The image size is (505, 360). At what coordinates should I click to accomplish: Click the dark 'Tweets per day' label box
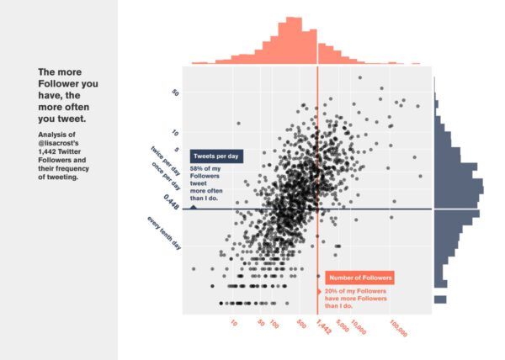[217, 157]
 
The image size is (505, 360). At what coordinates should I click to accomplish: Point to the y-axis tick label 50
[175, 93]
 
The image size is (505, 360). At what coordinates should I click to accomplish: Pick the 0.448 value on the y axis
[172, 200]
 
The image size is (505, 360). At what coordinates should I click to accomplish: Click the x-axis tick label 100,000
[398, 328]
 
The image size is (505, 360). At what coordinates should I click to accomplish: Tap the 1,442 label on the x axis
[322, 327]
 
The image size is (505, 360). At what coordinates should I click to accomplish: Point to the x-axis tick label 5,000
[343, 326]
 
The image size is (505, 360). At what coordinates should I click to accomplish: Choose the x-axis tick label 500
[300, 324]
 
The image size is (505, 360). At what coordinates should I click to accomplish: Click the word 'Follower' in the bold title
[56, 85]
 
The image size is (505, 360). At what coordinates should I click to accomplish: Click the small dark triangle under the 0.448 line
[194, 205]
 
